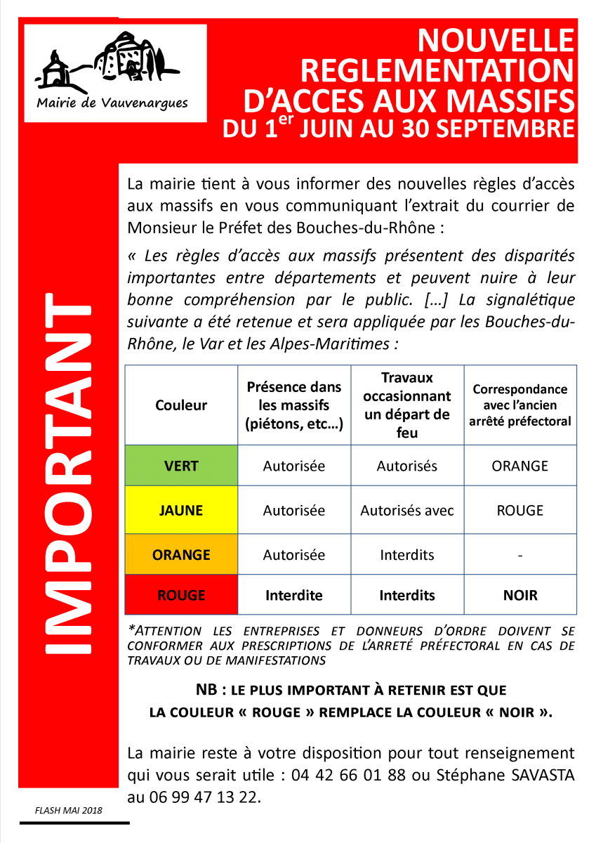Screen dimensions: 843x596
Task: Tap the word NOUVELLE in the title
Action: click(496, 42)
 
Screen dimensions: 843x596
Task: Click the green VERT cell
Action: click(181, 466)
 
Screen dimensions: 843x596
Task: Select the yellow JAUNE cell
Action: click(181, 511)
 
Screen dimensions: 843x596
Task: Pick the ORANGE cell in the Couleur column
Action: click(181, 555)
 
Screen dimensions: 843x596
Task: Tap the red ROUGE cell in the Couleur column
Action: click(181, 596)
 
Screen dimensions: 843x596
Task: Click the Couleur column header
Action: click(181, 405)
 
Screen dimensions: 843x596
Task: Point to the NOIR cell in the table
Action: click(520, 596)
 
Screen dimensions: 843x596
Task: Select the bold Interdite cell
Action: click(294, 596)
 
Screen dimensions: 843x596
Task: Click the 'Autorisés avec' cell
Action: click(407, 511)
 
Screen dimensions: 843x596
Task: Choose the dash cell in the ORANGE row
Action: click(520, 555)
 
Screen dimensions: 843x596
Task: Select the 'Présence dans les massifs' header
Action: click(294, 405)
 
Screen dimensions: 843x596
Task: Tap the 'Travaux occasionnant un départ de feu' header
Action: click(407, 405)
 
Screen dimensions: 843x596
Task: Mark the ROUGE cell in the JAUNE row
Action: click(520, 511)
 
